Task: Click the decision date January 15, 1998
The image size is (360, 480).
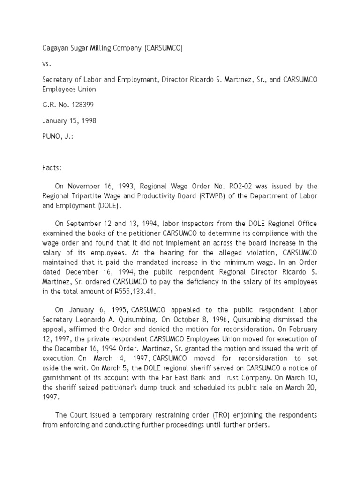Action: (69, 120)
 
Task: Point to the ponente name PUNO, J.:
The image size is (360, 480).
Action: (58, 136)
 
